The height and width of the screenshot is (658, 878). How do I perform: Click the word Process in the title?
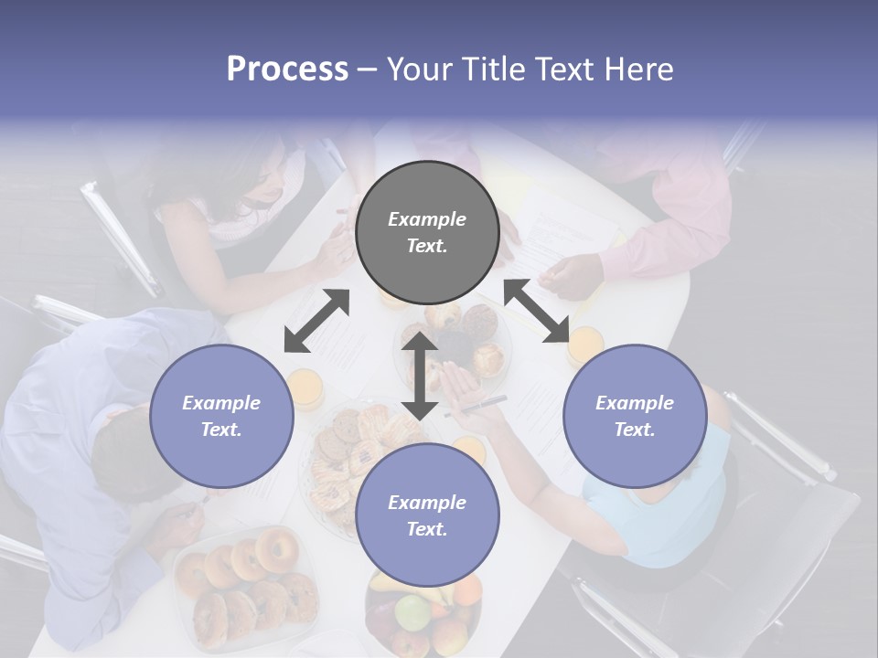coord(287,69)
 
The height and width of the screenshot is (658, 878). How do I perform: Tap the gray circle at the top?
coord(427,233)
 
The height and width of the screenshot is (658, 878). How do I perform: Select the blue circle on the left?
coord(221,416)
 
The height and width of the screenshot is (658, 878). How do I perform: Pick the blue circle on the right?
coord(635,416)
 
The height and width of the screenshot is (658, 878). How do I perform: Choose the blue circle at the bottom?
coord(427,515)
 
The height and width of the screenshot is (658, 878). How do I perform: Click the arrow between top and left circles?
coord(316,321)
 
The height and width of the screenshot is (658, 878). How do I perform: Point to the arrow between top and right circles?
coord(537,311)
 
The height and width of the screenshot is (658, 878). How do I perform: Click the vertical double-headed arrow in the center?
coord(420,375)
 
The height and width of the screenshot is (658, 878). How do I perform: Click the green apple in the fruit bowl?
coord(411,610)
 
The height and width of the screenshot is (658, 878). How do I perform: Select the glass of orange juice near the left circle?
coord(305,388)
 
